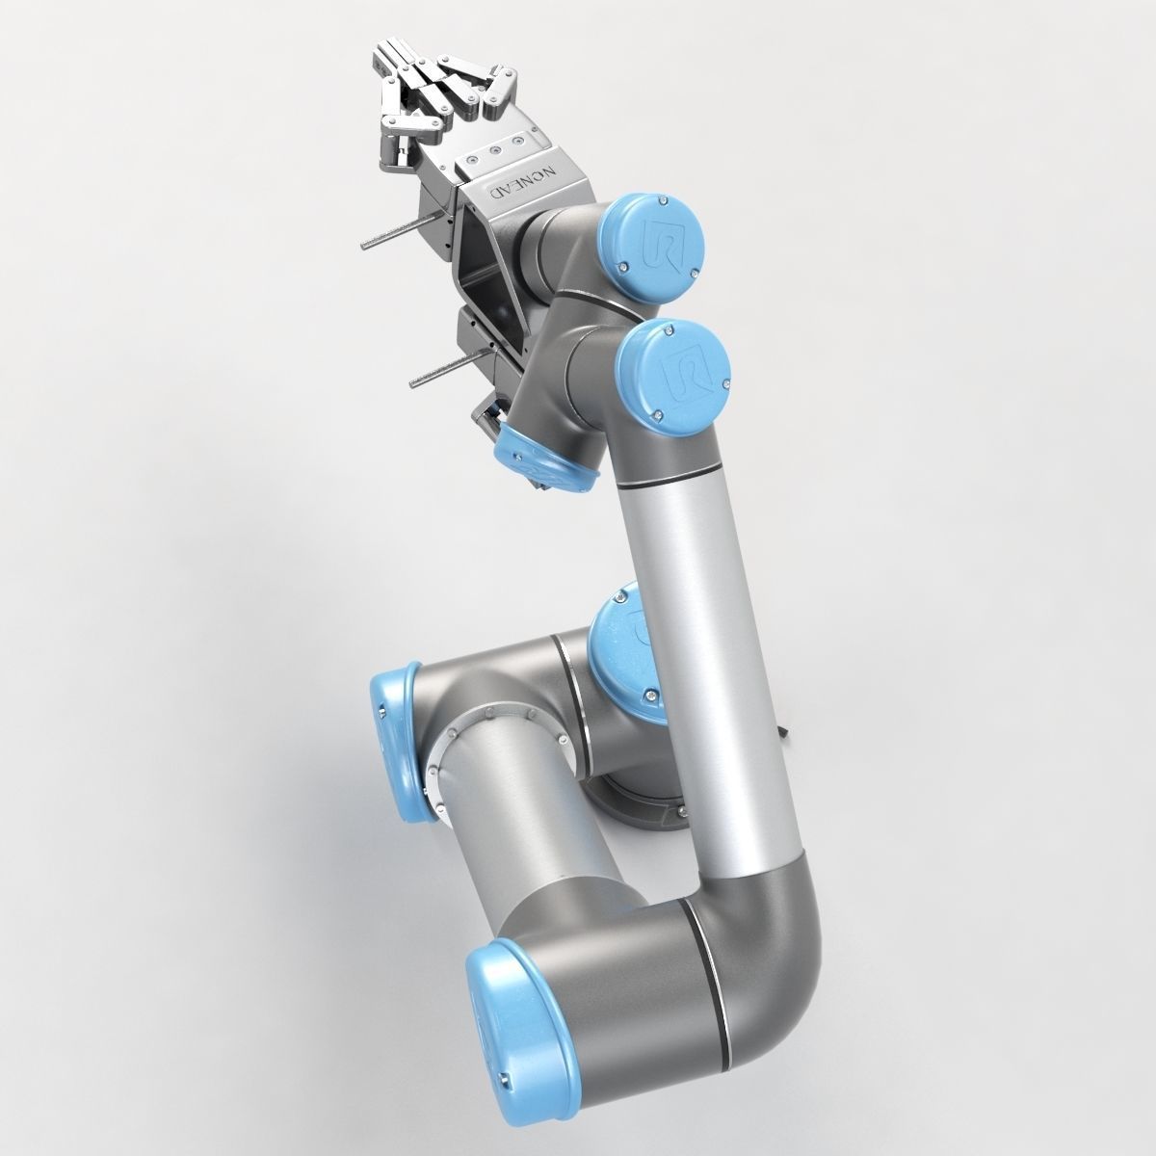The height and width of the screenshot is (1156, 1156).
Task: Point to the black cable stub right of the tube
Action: coord(790,734)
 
